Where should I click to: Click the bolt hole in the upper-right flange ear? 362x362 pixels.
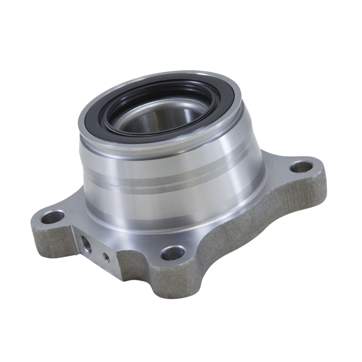point(301,167)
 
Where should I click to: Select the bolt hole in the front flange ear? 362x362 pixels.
point(173,252)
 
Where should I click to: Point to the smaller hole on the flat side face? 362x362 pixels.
point(106,257)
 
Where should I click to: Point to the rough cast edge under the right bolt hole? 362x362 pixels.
point(312,190)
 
